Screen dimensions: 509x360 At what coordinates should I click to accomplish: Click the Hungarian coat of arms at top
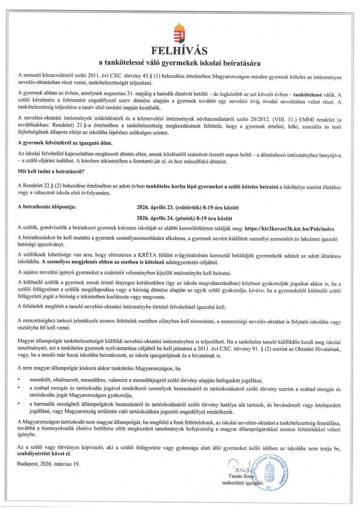pos(179,33)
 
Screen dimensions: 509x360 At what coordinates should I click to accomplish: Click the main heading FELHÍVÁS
pos(179,51)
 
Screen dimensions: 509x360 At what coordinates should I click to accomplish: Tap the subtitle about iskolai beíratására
pos(179,63)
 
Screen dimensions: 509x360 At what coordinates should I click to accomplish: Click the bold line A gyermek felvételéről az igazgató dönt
pos(65,143)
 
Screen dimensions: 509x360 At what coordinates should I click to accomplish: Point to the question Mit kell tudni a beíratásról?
pos(51,171)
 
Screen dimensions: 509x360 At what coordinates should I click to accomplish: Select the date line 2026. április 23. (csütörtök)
pos(188,207)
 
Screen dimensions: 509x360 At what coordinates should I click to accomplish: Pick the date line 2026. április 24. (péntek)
pos(184,218)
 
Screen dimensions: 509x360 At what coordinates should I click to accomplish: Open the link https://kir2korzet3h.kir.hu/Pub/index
pos(289,229)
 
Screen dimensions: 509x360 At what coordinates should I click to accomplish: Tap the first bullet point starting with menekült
pos(146,380)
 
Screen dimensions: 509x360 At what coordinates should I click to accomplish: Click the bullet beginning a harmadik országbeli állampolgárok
pos(185,408)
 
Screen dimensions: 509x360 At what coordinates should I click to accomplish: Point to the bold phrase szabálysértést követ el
pos(44,454)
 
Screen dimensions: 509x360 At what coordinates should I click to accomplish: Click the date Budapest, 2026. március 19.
pos(48,464)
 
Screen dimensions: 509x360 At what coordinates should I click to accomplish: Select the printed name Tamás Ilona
pos(241,476)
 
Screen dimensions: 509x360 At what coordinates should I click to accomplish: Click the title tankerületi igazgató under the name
pos(242,482)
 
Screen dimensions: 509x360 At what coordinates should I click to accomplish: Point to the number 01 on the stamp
pos(269,488)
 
